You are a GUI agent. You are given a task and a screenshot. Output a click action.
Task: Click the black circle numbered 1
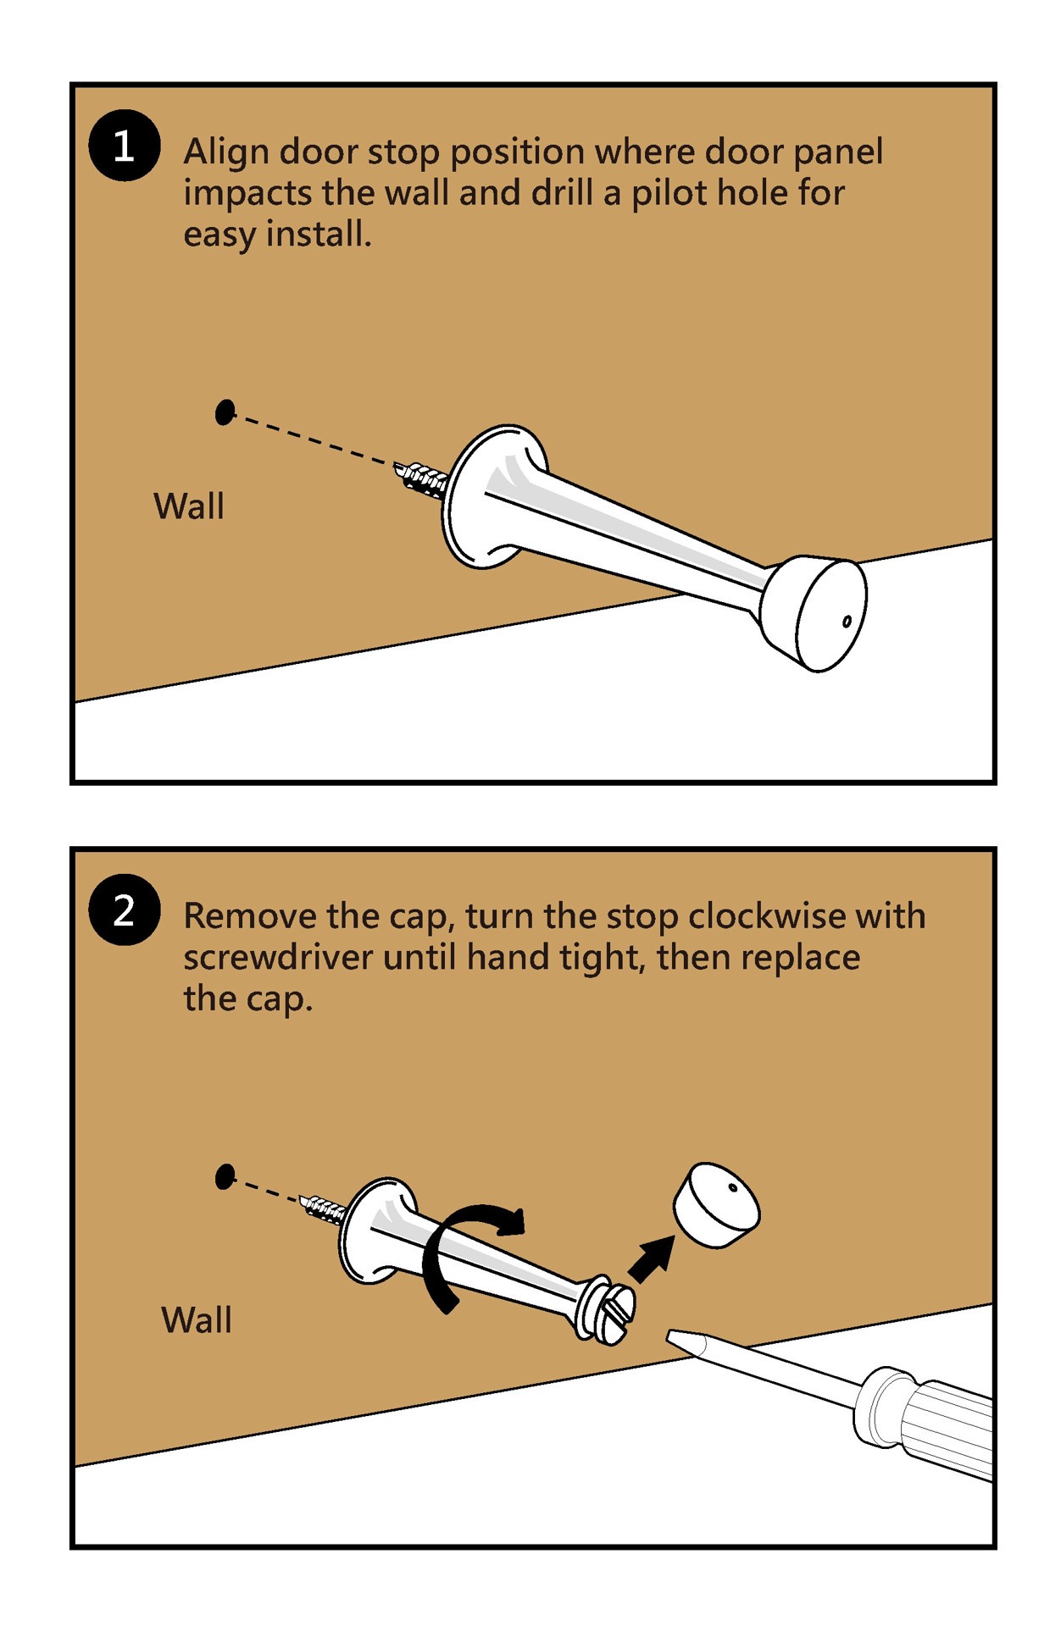[124, 146]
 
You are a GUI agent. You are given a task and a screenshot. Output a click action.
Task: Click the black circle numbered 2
[124, 910]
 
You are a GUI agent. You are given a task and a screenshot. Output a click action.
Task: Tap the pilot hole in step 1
[225, 412]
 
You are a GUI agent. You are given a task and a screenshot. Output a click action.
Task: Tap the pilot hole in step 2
[225, 1176]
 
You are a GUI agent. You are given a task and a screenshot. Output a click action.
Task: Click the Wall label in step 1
[188, 506]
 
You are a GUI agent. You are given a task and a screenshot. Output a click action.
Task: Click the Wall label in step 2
[196, 1319]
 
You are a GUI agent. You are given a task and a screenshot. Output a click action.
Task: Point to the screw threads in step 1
[422, 480]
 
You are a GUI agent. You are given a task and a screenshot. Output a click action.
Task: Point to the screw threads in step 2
[324, 1209]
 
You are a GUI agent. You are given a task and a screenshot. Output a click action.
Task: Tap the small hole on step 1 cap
[847, 622]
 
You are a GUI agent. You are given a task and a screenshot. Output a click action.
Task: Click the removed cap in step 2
[716, 1204]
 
